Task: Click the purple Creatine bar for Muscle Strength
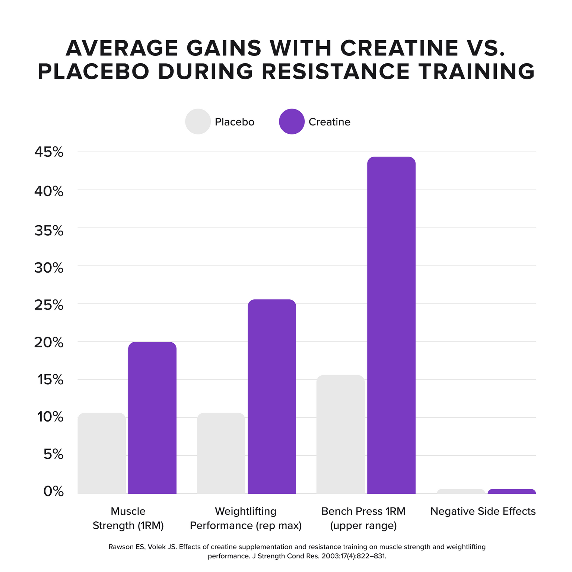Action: click(x=152, y=417)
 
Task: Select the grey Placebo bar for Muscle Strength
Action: click(x=102, y=453)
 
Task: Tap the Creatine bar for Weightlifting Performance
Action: click(x=271, y=396)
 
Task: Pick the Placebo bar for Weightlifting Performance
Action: click(x=221, y=453)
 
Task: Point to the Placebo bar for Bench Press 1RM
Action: click(x=340, y=434)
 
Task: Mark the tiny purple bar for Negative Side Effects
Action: click(x=511, y=491)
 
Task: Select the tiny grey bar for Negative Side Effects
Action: click(x=461, y=491)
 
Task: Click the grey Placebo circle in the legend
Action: click(x=198, y=121)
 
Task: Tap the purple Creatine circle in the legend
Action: click(x=292, y=121)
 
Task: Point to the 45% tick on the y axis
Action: click(x=49, y=152)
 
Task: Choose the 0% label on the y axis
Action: click(x=53, y=491)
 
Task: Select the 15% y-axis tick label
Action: click(x=50, y=379)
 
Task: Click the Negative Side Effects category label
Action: click(x=483, y=511)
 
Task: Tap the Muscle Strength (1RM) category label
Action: click(x=128, y=518)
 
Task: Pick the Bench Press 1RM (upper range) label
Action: click(x=363, y=518)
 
